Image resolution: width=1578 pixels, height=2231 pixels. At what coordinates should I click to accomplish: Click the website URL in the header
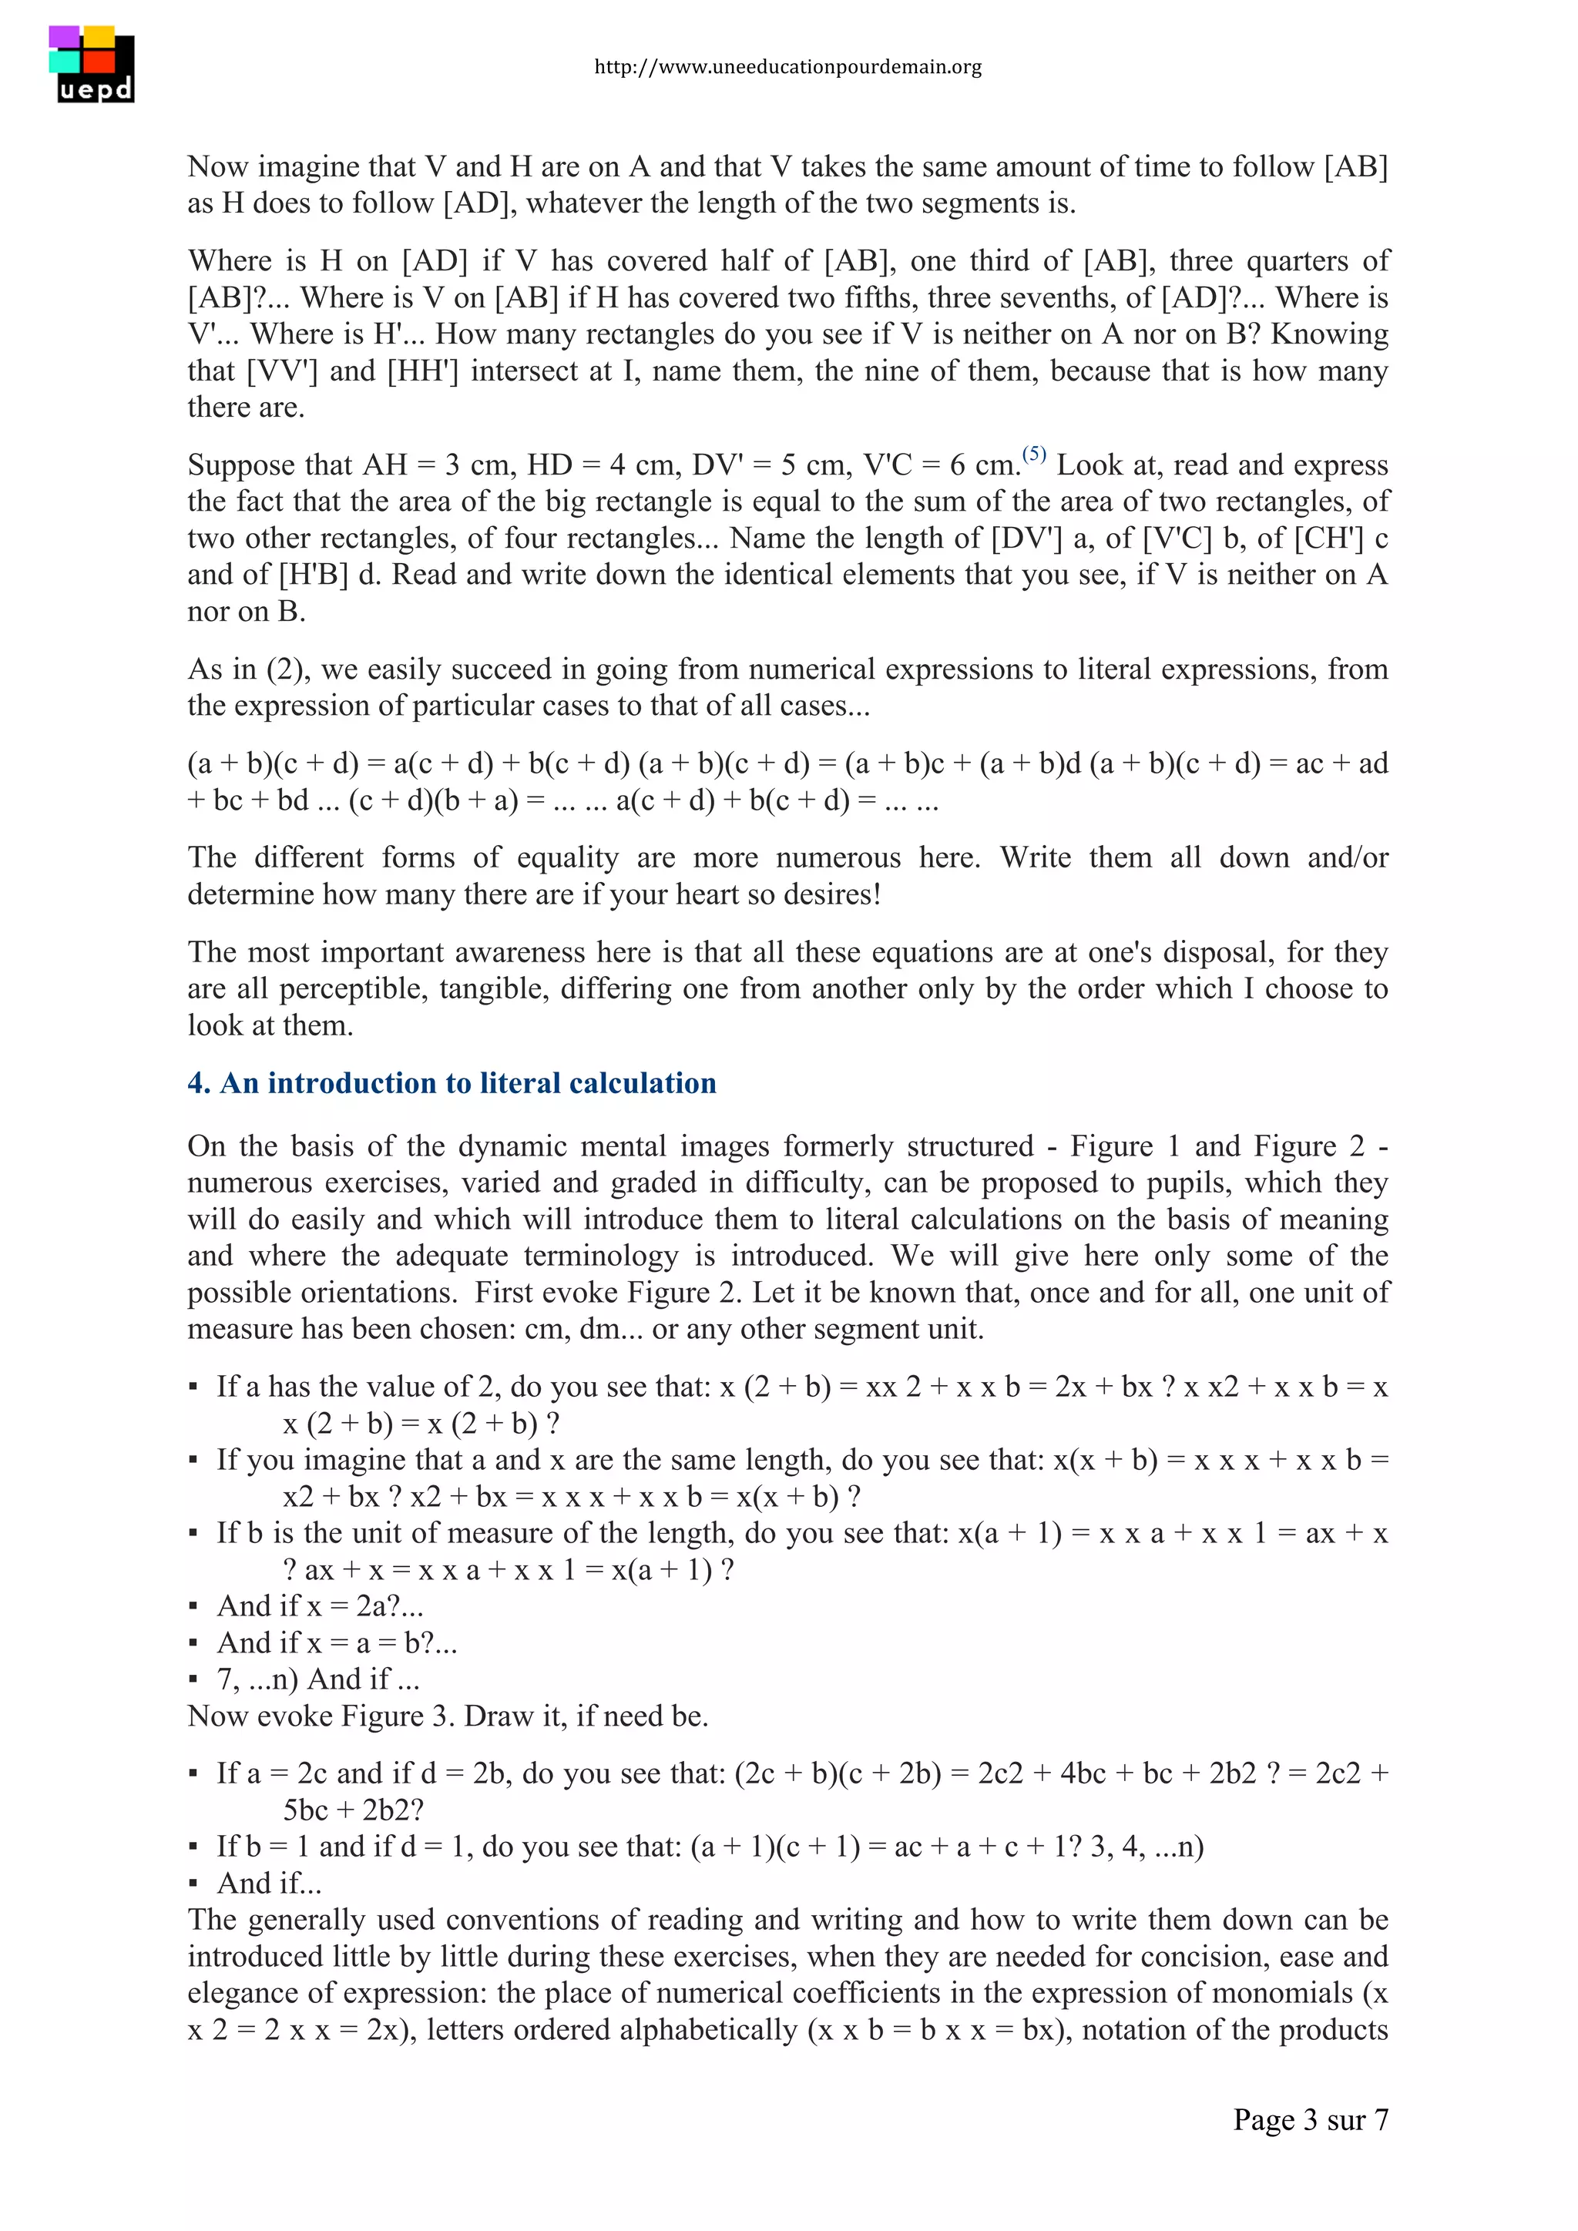(788, 67)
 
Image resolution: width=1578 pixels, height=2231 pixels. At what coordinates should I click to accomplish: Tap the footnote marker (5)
(1034, 454)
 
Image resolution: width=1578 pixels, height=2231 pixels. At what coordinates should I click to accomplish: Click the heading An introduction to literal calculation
(452, 1083)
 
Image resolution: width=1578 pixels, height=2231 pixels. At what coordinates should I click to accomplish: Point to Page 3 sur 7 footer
(1310, 2119)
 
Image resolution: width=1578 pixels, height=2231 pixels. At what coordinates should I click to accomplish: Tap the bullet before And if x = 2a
(193, 1607)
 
